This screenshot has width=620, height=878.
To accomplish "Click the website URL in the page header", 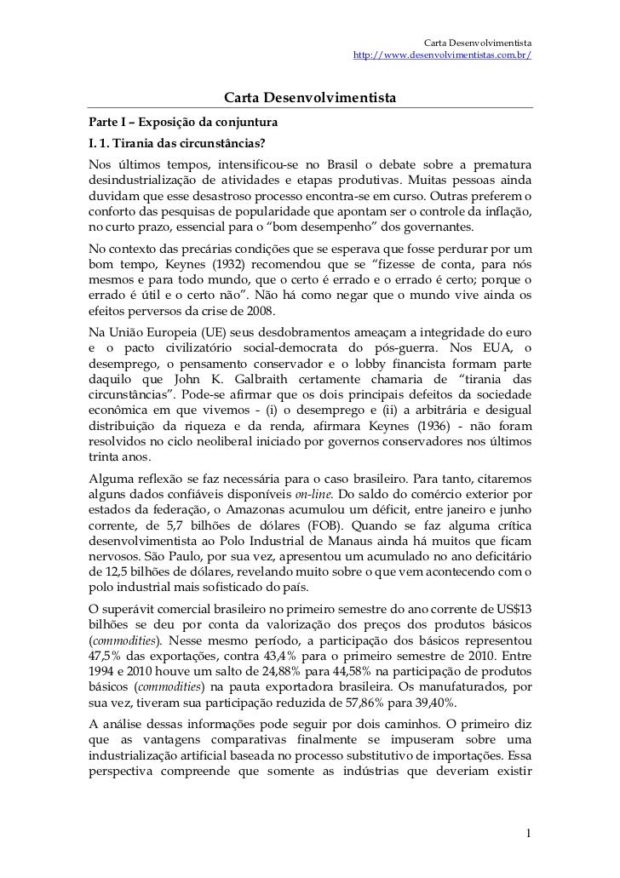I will point(442,55).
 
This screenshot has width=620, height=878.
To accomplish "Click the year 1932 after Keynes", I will point(220,264).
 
